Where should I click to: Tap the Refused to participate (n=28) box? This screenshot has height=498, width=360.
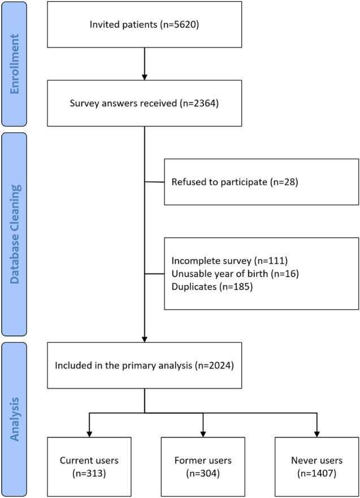(x=261, y=182)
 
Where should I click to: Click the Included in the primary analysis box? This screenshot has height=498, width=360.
(x=145, y=365)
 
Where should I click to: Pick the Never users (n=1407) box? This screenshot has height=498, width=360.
(x=316, y=465)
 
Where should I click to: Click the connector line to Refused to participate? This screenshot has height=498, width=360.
(x=154, y=182)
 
